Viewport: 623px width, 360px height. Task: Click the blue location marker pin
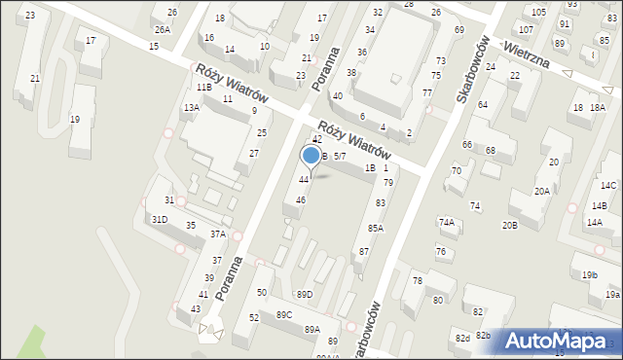pos(311,156)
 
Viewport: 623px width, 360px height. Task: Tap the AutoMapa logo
pos(561,342)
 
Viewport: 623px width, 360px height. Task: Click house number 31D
pos(159,220)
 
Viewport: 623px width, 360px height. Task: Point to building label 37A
pos(218,234)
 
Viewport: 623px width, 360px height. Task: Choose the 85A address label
pos(375,228)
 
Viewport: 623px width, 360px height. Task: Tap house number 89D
pos(305,294)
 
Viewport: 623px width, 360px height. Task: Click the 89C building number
pos(284,314)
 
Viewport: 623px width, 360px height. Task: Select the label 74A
pos(446,222)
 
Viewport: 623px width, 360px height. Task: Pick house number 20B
pos(509,226)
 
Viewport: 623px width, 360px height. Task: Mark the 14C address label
pos(608,186)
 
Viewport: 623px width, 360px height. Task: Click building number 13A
pos(192,108)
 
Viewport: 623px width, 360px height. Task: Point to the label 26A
pos(162,29)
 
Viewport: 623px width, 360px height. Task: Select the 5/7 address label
pos(340,156)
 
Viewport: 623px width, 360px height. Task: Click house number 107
pos(525,30)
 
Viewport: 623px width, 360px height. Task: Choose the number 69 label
pos(459,30)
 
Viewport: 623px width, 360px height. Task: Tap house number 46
pos(301,199)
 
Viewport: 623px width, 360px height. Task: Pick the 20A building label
pos(541,192)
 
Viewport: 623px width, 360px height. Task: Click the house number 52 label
pos(253,317)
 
